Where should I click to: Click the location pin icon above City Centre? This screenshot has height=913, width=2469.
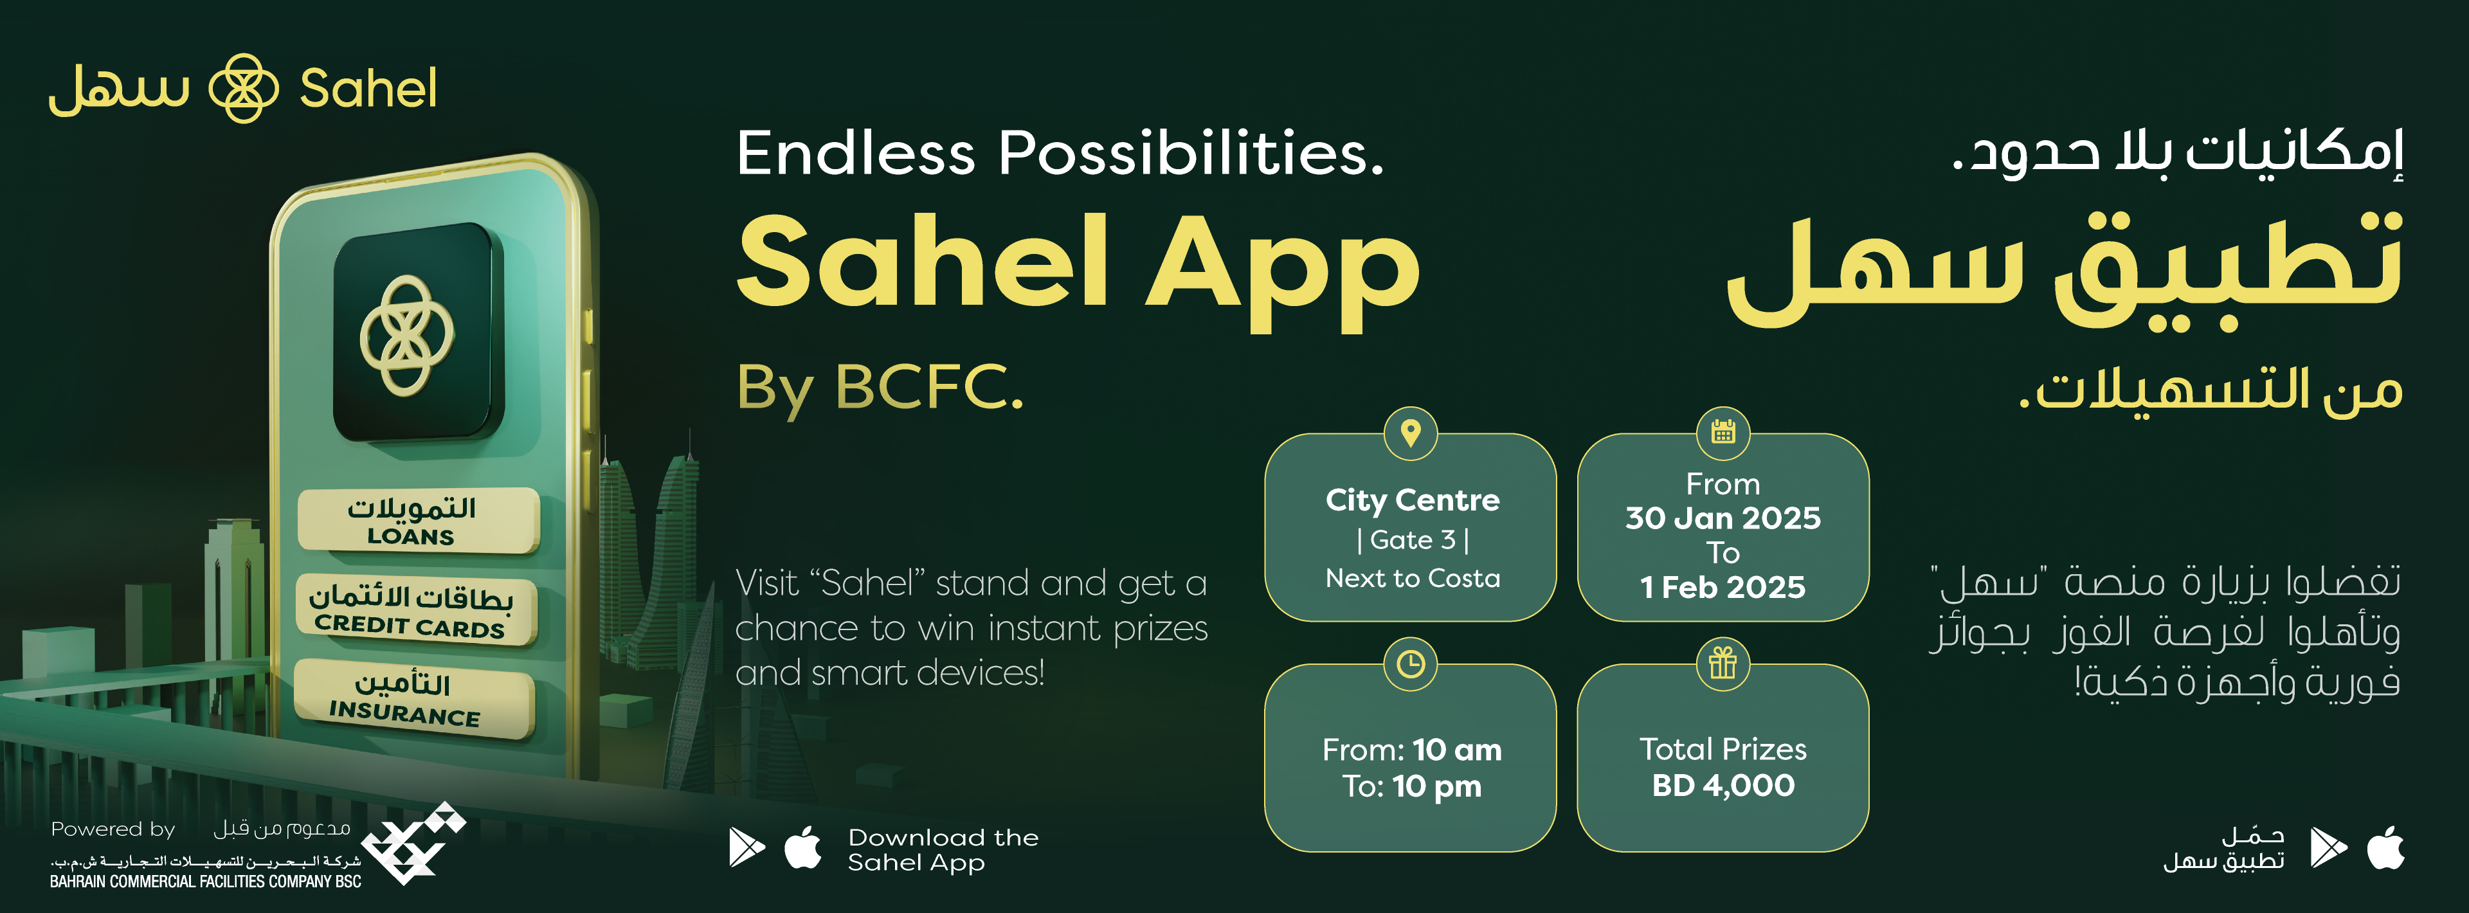tap(1411, 433)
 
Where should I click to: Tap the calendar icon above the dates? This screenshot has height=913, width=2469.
tap(1723, 433)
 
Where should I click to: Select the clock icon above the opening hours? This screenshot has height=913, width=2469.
tap(1411, 663)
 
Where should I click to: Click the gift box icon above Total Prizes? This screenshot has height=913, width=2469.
tap(1723, 663)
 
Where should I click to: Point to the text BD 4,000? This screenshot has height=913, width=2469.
tap(1723, 786)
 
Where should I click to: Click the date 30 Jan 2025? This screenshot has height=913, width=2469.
tap(1723, 518)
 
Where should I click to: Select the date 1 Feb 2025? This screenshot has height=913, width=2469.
tap(1723, 587)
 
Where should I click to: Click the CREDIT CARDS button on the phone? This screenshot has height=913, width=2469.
tap(415, 610)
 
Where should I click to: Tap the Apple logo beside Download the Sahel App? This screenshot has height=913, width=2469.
tap(803, 847)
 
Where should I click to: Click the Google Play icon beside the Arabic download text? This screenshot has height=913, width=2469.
tap(2329, 847)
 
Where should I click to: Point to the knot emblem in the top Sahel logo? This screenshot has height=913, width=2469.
tap(244, 88)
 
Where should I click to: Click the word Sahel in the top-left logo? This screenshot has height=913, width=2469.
tap(368, 89)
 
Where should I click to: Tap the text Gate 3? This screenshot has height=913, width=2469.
tap(1413, 540)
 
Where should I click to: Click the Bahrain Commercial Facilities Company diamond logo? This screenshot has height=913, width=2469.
tap(414, 843)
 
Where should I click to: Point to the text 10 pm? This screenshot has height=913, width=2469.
tap(1437, 786)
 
